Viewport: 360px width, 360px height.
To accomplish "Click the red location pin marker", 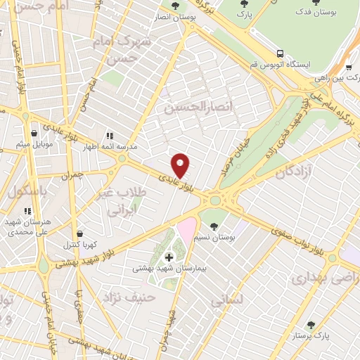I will pos(180,165).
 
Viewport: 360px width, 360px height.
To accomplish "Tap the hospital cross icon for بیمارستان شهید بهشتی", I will pos(168,257).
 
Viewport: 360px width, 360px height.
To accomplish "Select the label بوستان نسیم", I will pos(214,239).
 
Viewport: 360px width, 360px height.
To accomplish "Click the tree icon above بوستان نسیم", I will pos(214,226).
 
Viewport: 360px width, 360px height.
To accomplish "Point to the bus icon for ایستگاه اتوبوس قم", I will pos(281,53).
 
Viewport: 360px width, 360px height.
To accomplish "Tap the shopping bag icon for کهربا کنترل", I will pos(79,233).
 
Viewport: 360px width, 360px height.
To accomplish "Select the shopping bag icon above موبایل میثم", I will pos(33,132).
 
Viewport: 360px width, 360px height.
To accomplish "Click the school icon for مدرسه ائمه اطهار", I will pos(110,135).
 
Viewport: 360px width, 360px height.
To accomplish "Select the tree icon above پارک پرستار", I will pos(310,325).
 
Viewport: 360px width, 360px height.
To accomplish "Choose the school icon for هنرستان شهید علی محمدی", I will pos(27,210).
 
